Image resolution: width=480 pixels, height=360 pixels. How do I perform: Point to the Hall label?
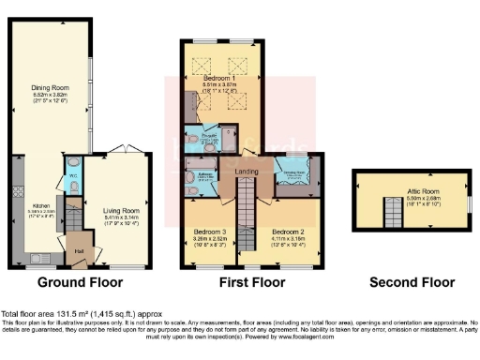pyautogui.click(x=79, y=250)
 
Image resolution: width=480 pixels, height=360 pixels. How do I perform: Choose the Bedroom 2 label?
pyautogui.click(x=290, y=230)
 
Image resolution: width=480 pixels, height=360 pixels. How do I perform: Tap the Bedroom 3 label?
pyautogui.click(x=211, y=230)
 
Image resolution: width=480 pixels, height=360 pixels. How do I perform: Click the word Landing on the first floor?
pyautogui.click(x=247, y=171)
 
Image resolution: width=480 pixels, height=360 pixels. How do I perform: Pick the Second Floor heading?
pyautogui.click(x=406, y=282)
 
